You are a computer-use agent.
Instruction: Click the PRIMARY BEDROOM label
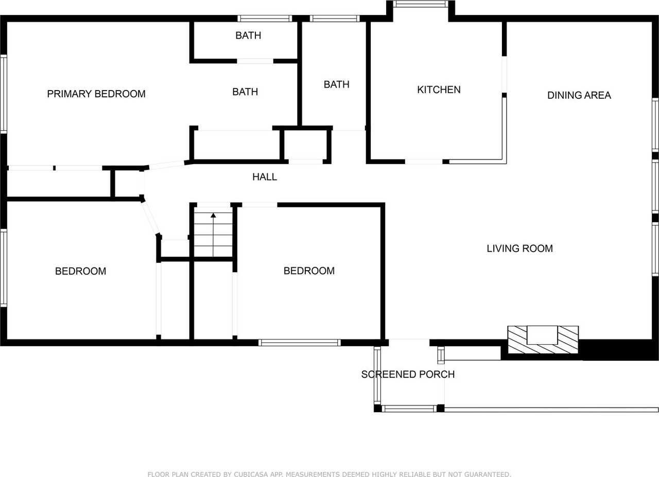coord(96,94)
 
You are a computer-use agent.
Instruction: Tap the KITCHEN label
coord(439,90)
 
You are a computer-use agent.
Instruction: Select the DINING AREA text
coord(579,95)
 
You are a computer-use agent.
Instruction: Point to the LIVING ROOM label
coord(519,249)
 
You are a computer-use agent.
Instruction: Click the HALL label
coord(265,177)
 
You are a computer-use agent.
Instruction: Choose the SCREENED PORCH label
coord(408,375)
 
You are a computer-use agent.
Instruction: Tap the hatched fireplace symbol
coord(543,340)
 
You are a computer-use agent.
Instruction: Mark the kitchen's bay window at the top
coord(421,4)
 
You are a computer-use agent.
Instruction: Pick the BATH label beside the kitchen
coord(336,84)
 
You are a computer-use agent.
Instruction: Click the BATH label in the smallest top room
coord(248,36)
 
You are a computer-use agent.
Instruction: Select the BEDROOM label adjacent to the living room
coord(309,271)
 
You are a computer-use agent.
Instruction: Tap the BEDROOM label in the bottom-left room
coord(80,271)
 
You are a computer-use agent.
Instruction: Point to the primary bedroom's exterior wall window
coord(4,94)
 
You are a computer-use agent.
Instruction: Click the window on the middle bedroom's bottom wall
coord(299,342)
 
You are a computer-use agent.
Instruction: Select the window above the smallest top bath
coord(265,19)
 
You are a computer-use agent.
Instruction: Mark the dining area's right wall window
coord(655,125)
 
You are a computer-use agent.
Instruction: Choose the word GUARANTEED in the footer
coord(488,474)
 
